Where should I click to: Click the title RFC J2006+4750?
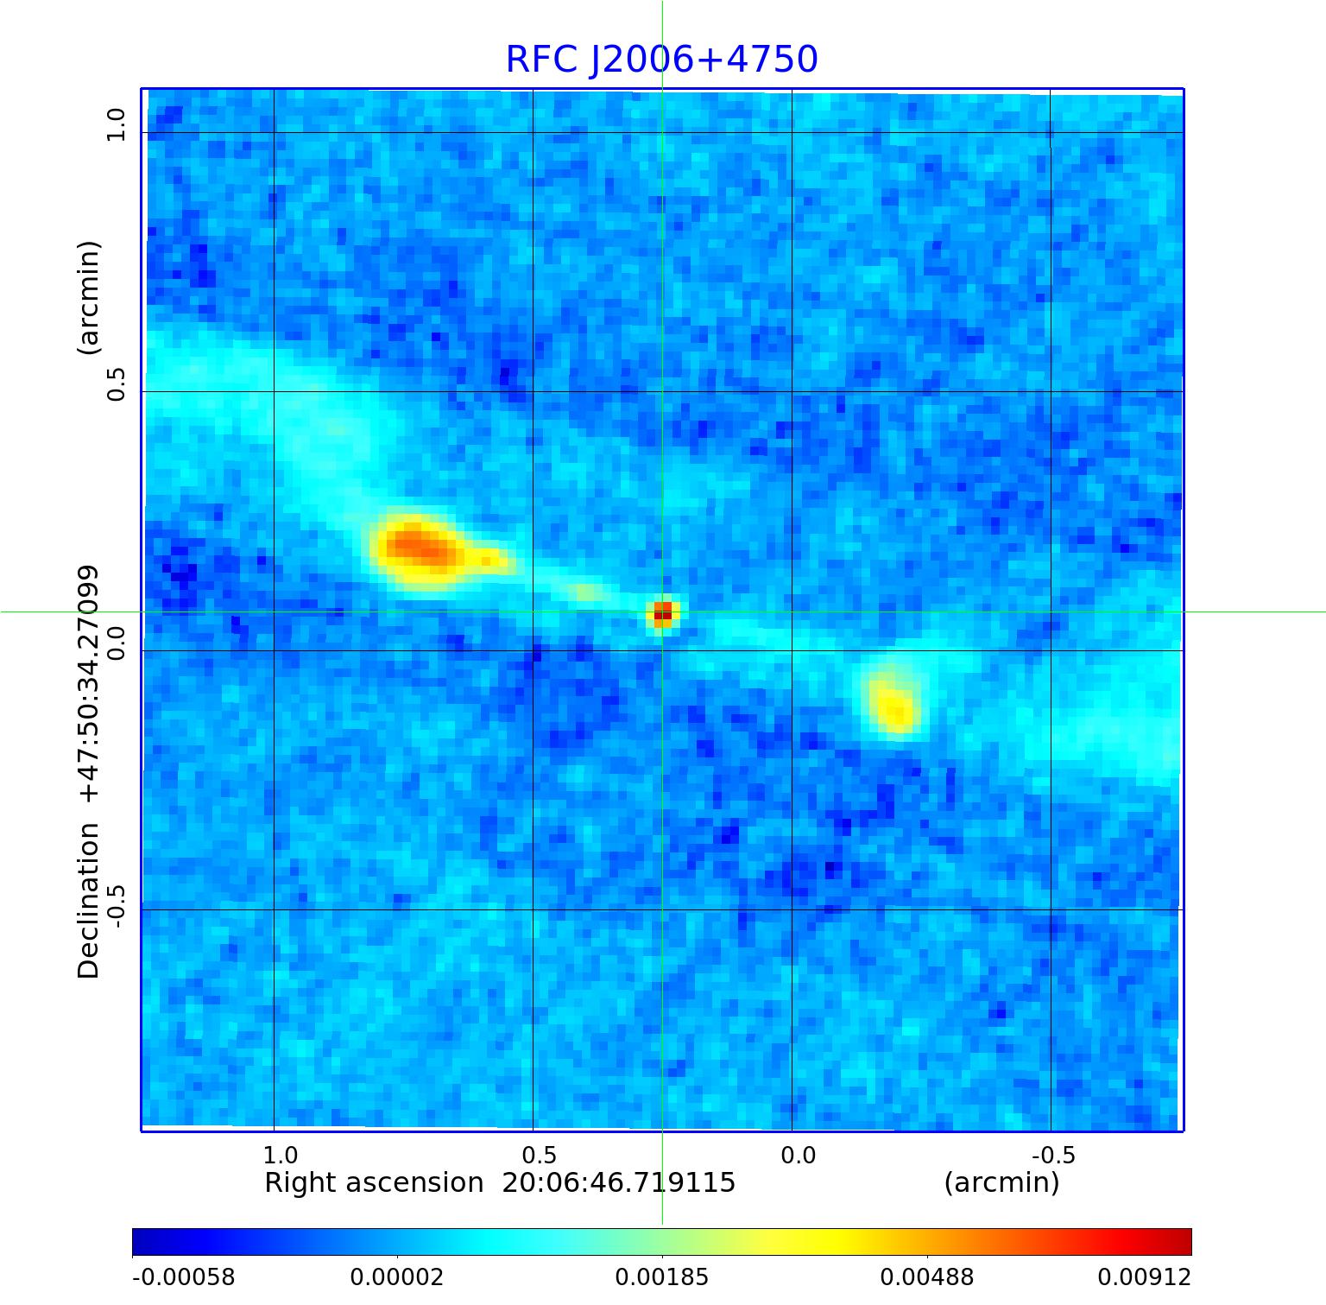click(x=661, y=60)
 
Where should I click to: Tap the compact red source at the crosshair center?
click(x=662, y=613)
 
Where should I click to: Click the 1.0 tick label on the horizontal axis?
click(x=280, y=1155)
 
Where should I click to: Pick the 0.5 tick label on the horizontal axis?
click(x=539, y=1155)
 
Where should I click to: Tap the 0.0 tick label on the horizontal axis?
click(x=798, y=1155)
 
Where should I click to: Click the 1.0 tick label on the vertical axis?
click(x=116, y=125)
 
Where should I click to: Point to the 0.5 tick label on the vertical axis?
click(x=116, y=384)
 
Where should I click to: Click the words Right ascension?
click(x=374, y=1182)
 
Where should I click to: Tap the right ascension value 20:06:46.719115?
click(x=619, y=1182)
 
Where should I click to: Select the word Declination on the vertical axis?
click(x=88, y=900)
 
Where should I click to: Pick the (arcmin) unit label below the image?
click(x=1001, y=1182)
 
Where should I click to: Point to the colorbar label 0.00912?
click(x=1144, y=1277)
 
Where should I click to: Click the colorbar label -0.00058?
click(x=183, y=1277)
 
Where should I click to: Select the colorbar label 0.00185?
click(x=661, y=1277)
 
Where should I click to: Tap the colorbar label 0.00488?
click(x=926, y=1277)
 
